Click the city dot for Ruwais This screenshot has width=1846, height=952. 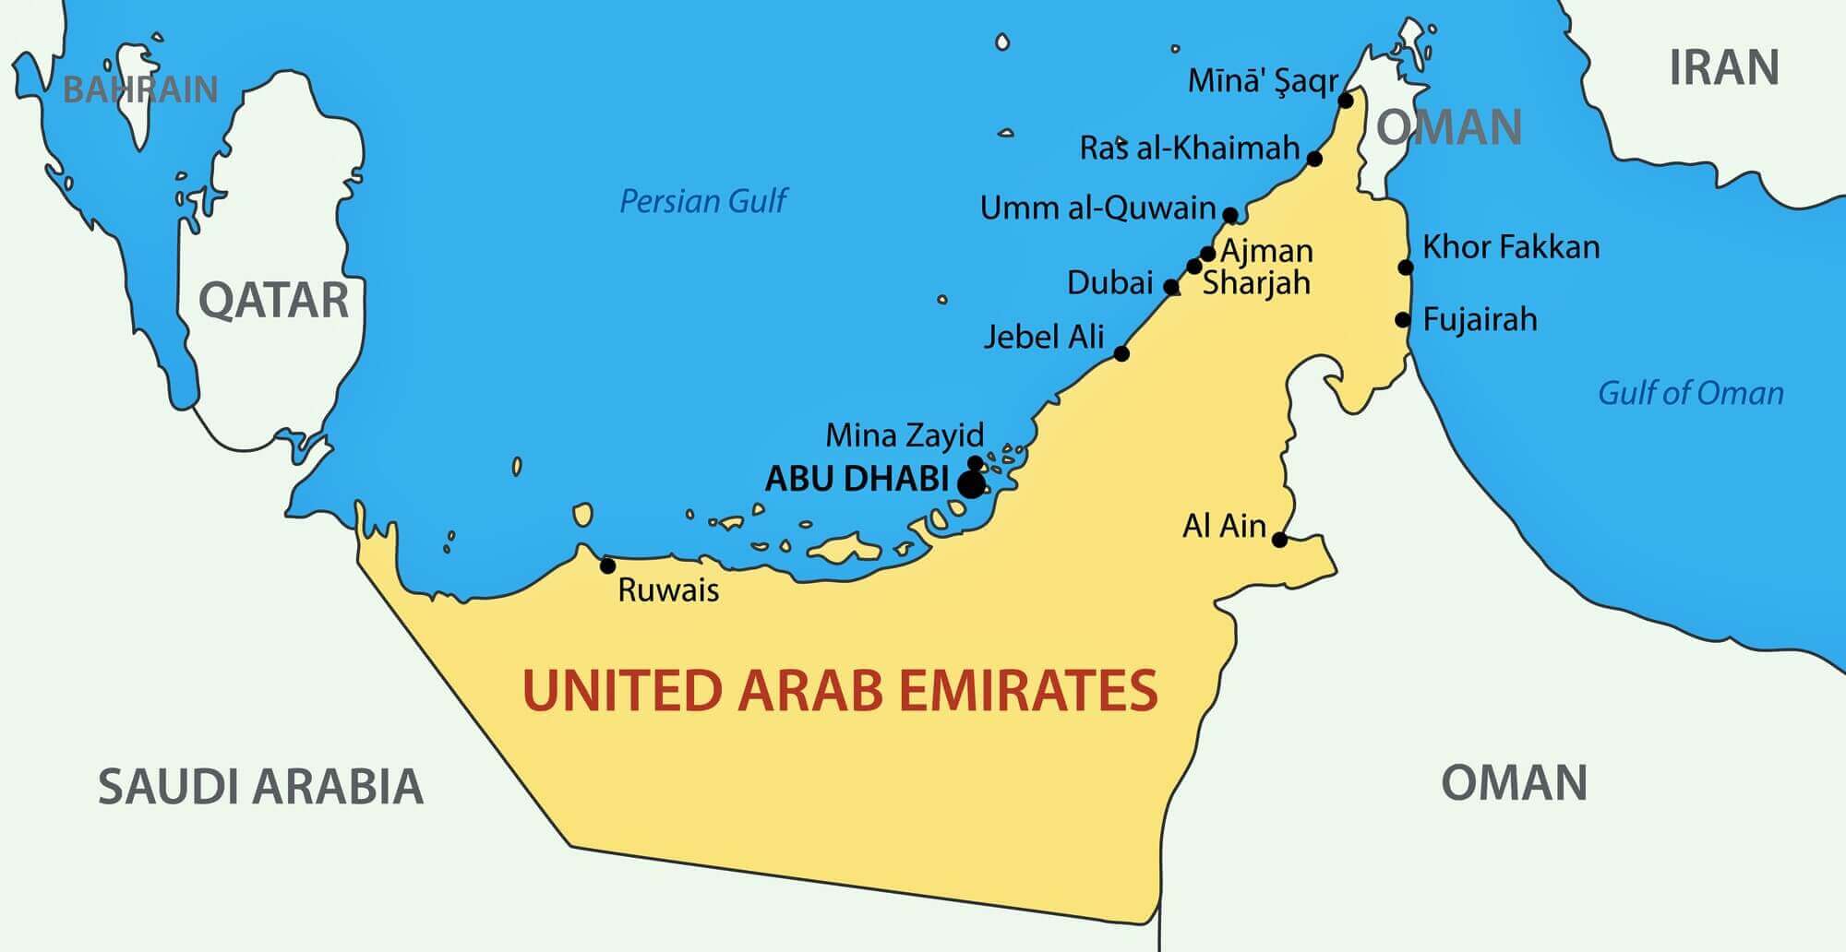pos(607,565)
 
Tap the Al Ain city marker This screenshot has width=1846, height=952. pos(1279,539)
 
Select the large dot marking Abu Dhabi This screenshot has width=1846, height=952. pos(970,483)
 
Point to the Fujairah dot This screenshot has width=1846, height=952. pos(1403,320)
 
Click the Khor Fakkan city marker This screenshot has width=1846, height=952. pos(1406,268)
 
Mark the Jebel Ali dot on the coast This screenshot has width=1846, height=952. pos(1121,353)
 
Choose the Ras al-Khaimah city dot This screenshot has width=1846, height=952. pos(1315,159)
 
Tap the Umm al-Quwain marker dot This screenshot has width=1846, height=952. pos(1230,215)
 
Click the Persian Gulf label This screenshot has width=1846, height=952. pos(702,201)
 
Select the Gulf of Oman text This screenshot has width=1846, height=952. pos(1690,393)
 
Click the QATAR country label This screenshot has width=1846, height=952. pos(273,301)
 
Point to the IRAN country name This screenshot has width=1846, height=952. pos(1723,68)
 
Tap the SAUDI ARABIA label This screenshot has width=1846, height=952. pos(260,787)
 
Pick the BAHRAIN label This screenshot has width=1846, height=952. pos(140,89)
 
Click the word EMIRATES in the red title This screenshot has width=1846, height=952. pos(1027,691)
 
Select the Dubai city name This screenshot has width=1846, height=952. pos(1109,282)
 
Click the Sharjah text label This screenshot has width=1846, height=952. pos(1256,282)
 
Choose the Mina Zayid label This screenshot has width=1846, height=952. pos(905,434)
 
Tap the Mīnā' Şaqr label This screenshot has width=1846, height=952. pos(1262,81)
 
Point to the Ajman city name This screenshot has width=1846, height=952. pos(1266,251)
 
